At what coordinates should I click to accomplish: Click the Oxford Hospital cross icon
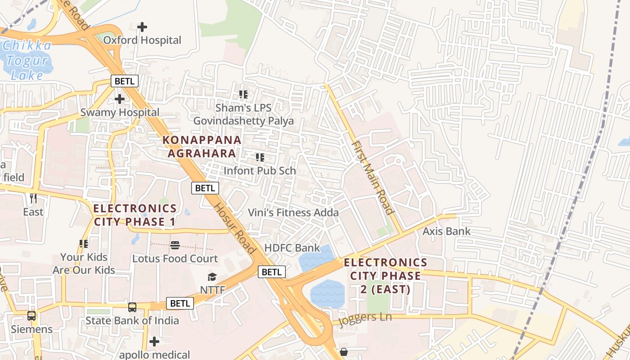point(142,27)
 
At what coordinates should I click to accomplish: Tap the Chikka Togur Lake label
point(27,60)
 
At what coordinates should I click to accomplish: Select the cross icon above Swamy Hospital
point(120,99)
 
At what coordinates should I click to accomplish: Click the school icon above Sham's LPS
point(243,94)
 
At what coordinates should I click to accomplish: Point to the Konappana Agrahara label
point(202,146)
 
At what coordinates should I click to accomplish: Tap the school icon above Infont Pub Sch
point(260,157)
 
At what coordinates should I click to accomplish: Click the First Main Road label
point(373,178)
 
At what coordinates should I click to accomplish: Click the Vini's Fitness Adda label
point(293,212)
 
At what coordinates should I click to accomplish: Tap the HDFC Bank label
point(292,247)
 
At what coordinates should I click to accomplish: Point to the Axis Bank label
point(446,231)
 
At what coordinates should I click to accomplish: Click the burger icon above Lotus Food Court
point(175,245)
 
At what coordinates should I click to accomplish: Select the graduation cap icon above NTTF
point(212,277)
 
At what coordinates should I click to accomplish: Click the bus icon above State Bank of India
point(132,307)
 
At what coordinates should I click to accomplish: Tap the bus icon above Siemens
point(31,316)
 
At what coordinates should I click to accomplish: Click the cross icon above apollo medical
point(154,342)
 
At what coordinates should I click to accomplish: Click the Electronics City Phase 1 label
point(135,215)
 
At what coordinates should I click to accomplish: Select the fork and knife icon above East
point(33,198)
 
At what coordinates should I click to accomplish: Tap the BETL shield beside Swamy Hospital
point(125,81)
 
